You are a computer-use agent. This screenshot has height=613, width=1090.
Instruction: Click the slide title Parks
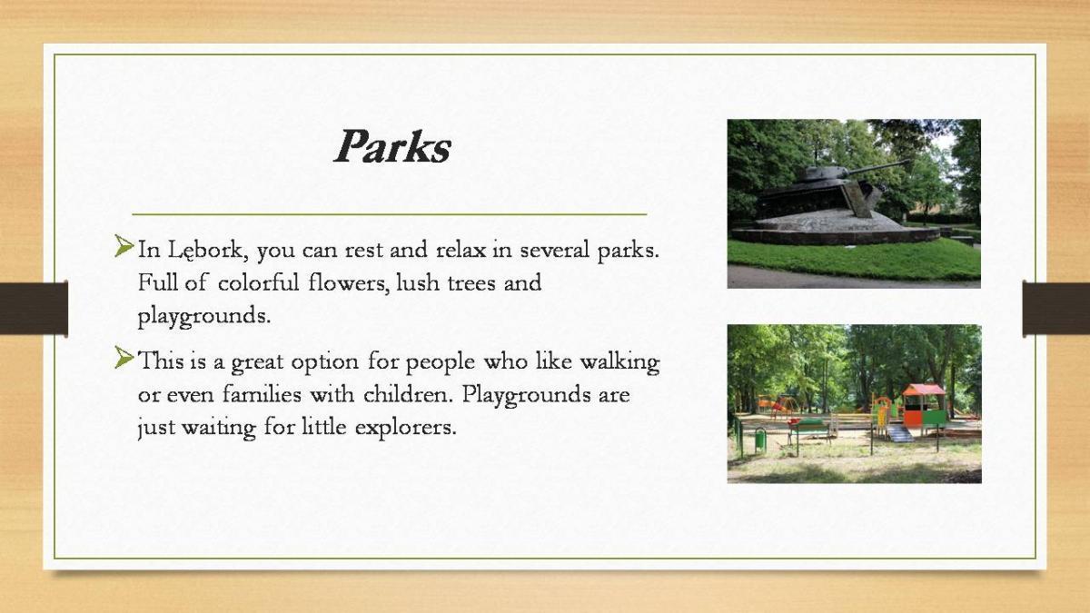tap(392, 146)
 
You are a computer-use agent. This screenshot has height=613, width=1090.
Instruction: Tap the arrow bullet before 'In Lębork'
tap(124, 246)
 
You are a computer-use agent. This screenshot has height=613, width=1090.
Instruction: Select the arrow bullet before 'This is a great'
tap(124, 358)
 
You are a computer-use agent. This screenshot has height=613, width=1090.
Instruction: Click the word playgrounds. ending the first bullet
tap(203, 317)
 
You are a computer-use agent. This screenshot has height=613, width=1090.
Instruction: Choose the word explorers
tap(406, 428)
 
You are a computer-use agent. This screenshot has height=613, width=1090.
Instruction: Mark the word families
tap(262, 394)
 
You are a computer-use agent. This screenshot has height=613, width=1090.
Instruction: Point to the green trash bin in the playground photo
tap(760, 440)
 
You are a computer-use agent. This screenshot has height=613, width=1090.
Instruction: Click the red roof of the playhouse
tap(924, 391)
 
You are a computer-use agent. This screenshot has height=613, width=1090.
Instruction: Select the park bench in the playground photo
tap(809, 430)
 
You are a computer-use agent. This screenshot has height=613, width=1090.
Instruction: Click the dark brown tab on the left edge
tap(34, 309)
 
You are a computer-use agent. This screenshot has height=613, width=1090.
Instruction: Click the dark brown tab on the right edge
tap(1055, 309)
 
